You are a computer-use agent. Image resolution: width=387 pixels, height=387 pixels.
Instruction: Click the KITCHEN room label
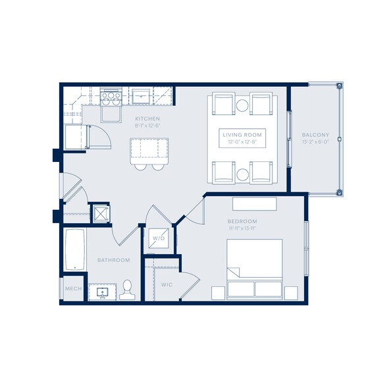coord(147,118)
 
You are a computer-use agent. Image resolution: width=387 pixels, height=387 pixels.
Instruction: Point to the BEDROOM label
coord(242,221)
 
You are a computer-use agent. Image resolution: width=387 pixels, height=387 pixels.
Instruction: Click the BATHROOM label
coord(113,260)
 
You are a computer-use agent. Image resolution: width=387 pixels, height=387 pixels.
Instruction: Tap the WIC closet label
coord(167,285)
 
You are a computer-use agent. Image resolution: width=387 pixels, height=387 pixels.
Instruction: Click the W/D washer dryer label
coord(159,238)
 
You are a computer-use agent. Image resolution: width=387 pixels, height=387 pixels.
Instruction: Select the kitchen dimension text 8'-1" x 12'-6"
coord(147,125)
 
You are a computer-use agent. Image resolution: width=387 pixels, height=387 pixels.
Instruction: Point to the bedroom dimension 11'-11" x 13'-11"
coord(242,228)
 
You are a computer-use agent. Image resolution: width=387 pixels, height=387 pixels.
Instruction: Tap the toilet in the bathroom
coord(128,288)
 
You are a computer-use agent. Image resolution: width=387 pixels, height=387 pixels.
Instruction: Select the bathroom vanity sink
coord(102,291)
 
